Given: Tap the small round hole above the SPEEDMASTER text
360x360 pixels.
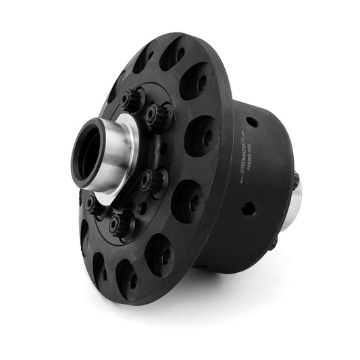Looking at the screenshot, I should click(x=251, y=122).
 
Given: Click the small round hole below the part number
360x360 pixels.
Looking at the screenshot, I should click(x=249, y=209).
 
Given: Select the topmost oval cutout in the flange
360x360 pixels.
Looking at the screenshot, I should click(x=172, y=53).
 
